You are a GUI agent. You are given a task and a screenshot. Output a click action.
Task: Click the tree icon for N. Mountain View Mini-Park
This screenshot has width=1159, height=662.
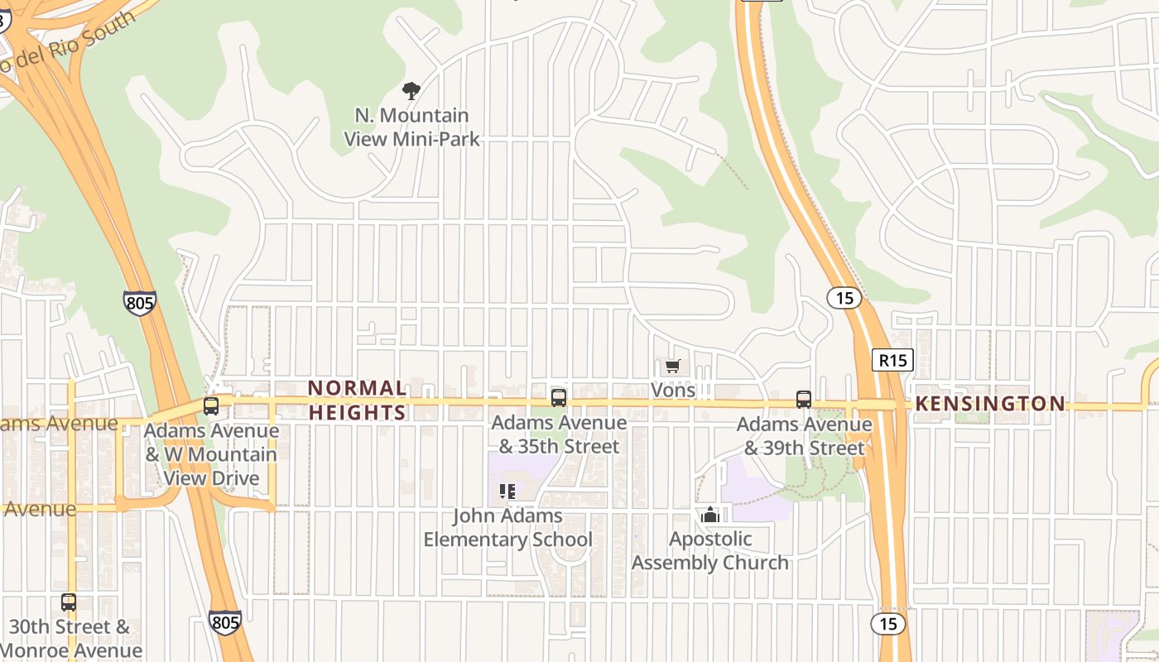point(411,90)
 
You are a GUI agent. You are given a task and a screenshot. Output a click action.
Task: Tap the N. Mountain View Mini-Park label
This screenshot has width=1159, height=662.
point(411,127)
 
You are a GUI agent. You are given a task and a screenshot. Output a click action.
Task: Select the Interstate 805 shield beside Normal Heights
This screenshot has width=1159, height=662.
point(139,302)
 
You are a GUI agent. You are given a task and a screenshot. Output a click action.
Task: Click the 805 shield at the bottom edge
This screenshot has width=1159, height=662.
point(225,622)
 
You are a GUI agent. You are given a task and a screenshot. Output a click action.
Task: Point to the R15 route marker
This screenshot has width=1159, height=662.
point(892,360)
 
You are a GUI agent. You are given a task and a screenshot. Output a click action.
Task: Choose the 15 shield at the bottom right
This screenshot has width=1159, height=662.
point(888,623)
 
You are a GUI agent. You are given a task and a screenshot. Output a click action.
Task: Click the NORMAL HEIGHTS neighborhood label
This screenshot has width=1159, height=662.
point(358,400)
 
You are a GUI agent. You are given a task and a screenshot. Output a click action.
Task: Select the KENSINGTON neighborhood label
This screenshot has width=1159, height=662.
point(990,404)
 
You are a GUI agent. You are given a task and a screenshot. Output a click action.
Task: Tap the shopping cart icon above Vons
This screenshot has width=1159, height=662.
point(672,366)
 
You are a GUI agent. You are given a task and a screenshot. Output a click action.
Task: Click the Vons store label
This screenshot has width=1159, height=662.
point(673,390)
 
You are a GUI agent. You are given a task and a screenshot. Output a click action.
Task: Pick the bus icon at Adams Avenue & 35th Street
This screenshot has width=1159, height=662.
point(559,398)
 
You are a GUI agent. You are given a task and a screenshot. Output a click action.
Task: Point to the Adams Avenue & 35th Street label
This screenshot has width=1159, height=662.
point(559,434)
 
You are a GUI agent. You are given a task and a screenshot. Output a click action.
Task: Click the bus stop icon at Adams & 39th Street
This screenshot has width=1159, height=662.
point(803,400)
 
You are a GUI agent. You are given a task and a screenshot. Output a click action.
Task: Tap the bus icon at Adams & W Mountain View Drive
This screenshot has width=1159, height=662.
point(211,405)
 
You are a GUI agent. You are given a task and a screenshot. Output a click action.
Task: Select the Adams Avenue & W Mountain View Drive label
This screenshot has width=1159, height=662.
point(211,454)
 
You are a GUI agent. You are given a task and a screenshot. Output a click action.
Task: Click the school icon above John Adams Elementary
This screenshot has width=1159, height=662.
point(507,492)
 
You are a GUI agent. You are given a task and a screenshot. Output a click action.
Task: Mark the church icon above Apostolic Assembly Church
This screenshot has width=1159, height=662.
point(709,516)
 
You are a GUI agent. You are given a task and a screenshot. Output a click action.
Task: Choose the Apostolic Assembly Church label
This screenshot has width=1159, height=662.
point(710,550)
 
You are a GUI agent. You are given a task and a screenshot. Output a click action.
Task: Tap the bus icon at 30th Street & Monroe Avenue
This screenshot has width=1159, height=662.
point(69,602)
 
